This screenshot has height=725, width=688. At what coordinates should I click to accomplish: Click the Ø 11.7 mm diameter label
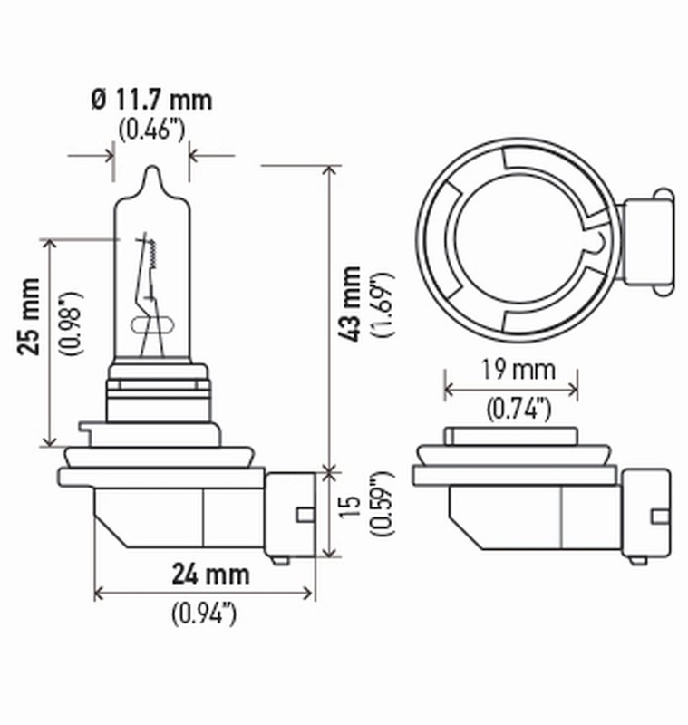click(151, 98)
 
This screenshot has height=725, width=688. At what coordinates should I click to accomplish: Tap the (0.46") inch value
click(151, 129)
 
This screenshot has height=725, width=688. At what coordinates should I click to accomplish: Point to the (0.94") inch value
click(204, 614)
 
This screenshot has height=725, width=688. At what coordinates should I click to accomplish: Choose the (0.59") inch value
click(381, 513)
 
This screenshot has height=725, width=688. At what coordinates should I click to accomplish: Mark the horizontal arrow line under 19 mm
click(510, 391)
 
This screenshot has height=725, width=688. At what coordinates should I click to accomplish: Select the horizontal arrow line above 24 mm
click(204, 594)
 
